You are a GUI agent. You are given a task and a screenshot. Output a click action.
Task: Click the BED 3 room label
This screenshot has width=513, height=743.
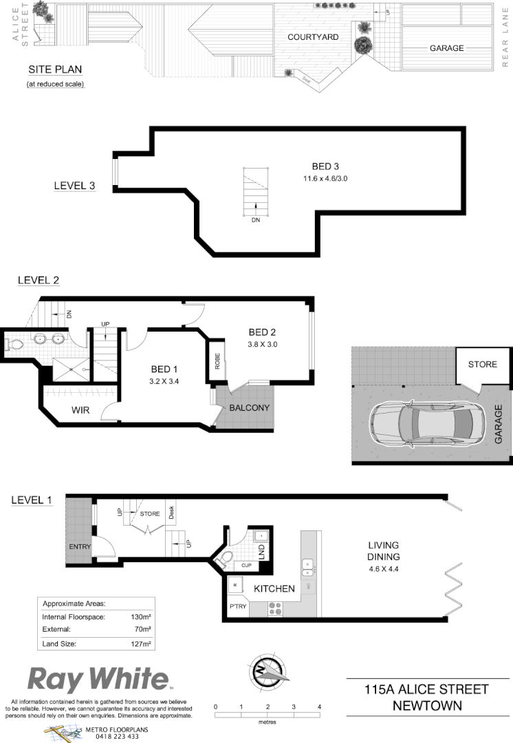(x=326, y=166)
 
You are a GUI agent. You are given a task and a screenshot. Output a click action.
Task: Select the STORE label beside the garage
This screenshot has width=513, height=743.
(x=482, y=364)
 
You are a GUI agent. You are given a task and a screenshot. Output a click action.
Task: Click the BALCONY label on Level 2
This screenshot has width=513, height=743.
(x=250, y=407)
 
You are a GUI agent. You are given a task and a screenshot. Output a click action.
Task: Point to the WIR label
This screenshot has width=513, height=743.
(x=82, y=410)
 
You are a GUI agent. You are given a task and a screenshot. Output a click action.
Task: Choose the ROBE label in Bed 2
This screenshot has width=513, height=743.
(x=217, y=362)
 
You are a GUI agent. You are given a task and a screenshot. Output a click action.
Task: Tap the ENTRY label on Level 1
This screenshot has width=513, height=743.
(x=80, y=547)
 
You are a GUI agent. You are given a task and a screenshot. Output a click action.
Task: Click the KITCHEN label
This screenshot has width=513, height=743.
(x=274, y=589)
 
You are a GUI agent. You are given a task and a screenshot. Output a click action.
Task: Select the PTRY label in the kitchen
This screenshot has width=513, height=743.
(x=238, y=607)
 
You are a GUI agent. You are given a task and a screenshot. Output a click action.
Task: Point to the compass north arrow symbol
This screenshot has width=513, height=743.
(x=266, y=669)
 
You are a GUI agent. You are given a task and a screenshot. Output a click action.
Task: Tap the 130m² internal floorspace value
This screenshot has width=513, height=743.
(x=141, y=617)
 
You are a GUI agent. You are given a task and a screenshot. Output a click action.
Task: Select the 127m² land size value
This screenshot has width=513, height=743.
(x=141, y=644)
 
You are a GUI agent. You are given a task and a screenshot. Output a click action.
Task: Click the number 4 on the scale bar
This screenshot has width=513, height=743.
(x=320, y=707)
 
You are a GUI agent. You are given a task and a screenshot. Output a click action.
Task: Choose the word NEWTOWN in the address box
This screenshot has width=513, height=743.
(x=426, y=705)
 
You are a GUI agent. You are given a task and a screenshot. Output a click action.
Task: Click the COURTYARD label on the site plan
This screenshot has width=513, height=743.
(x=313, y=37)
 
